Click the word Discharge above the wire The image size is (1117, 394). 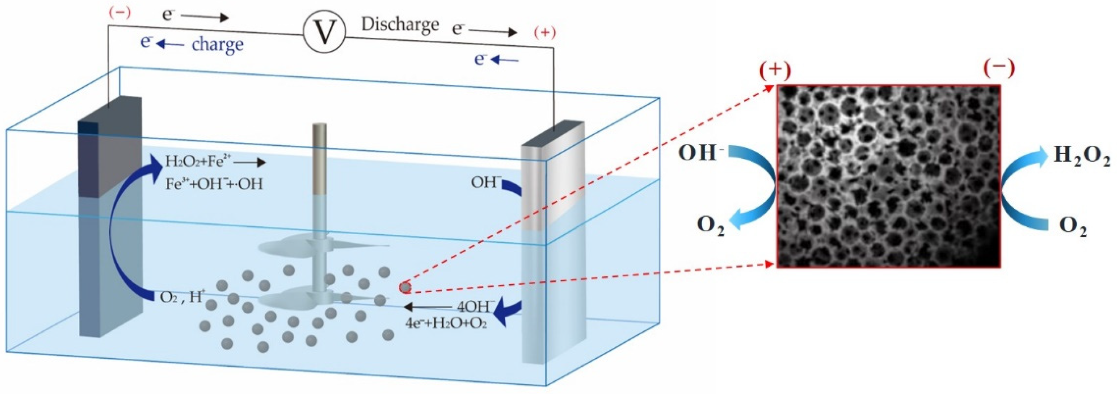tap(400, 25)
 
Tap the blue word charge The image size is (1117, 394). tap(217, 44)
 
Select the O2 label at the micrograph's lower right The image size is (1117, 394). tap(1073, 227)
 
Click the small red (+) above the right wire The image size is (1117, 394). tap(545, 33)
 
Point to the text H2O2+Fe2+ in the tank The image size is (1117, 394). tap(200, 162)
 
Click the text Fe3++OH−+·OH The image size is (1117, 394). tap(214, 185)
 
